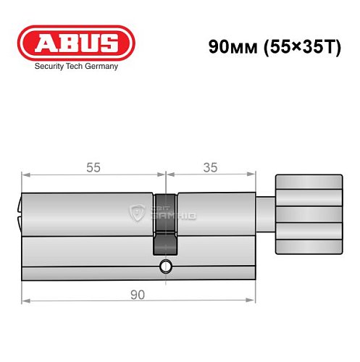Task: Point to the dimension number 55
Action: [93, 167]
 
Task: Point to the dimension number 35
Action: [210, 167]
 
